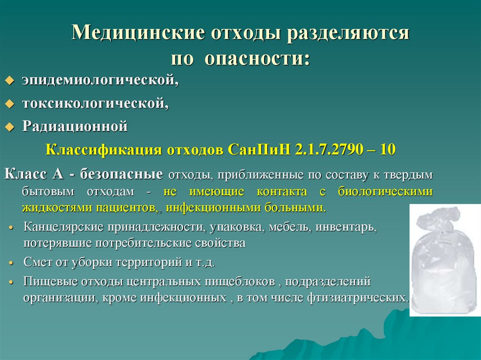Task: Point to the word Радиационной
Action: (x=75, y=126)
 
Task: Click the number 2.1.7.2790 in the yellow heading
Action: (x=329, y=150)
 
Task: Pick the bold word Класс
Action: (x=25, y=174)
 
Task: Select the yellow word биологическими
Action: (x=385, y=191)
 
